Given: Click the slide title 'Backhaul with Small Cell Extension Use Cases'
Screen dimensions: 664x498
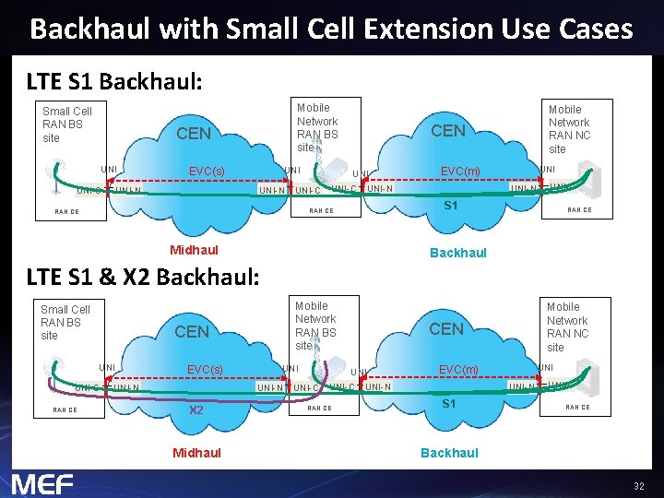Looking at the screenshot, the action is point(331,29).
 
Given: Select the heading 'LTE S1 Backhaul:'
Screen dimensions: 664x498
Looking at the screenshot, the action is point(114,81).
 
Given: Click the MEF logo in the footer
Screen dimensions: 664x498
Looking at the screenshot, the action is point(42,483).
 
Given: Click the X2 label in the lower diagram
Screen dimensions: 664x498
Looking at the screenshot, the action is point(196,410).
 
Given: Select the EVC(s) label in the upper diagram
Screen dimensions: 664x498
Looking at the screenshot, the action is point(206,172).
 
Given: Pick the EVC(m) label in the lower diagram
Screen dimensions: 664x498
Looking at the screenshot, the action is point(458,370).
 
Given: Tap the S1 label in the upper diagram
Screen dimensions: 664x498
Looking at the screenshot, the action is point(452,206).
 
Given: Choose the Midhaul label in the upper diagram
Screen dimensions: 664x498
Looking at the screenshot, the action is point(194,250).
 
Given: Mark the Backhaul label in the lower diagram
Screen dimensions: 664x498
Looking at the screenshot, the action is point(449,453).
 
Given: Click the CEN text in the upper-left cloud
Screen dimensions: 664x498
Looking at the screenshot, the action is point(194,134).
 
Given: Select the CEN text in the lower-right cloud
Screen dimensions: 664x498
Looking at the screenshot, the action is point(446,329).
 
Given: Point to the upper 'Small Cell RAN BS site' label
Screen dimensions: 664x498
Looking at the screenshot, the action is point(67,125).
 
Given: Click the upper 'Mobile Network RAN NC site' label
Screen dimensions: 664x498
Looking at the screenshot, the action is point(569,128).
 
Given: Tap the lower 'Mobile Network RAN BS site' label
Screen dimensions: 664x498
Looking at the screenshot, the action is point(315,326).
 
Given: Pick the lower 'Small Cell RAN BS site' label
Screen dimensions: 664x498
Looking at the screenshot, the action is point(65,323).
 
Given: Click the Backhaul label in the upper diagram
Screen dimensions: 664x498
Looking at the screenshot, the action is point(458,253).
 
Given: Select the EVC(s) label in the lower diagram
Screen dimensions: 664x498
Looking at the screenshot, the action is point(205,370).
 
